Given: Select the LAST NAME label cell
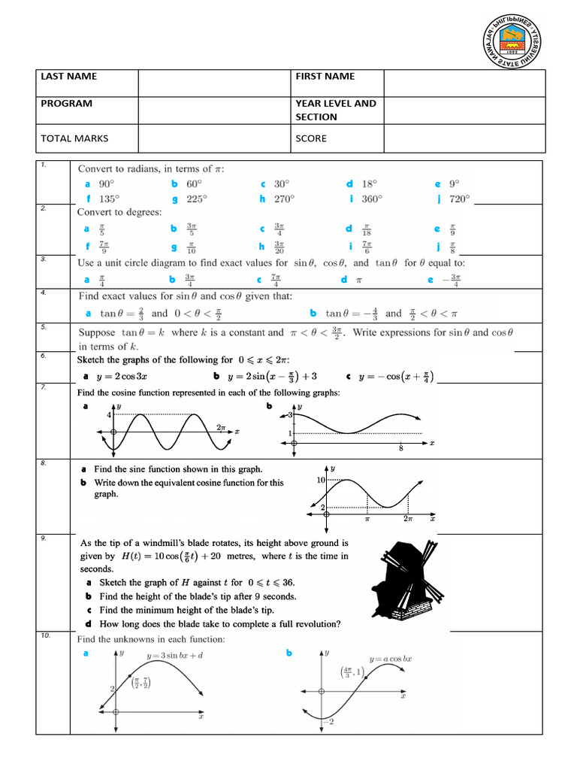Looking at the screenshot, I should pos(68,77).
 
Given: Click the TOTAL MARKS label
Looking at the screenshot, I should pos(75,138).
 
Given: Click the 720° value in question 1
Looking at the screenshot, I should pos(459,199).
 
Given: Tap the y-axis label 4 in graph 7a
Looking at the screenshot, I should pos(108,415).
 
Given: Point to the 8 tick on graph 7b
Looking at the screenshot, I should pos(400,450).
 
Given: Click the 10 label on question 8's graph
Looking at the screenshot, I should pos(319,480).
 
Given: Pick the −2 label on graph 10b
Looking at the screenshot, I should pos(328,723).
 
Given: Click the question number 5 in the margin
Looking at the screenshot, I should pos(44,327).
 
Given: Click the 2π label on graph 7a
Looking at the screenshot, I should pos(221,427).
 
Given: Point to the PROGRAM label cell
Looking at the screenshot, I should pos(67,104).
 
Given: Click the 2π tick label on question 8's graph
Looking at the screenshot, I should pos(408,519).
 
